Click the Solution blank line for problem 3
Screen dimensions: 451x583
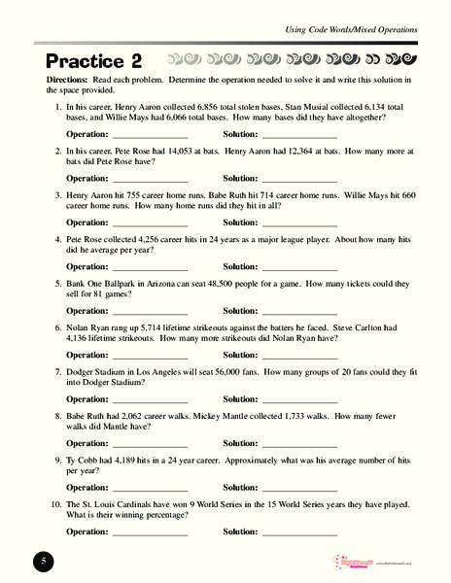click(x=299, y=223)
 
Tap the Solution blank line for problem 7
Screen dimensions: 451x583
click(x=299, y=399)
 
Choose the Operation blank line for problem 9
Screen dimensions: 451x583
click(x=150, y=488)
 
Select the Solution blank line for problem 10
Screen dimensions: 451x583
click(x=299, y=532)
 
